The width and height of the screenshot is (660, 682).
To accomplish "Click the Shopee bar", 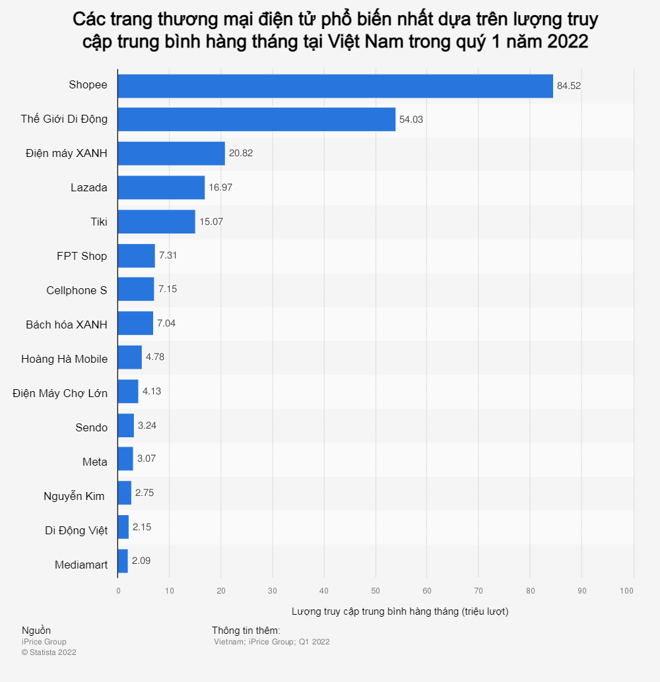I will point(335,86).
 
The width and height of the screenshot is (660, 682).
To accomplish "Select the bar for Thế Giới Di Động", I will point(256,119).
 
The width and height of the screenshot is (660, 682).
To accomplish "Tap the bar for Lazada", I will point(161,187).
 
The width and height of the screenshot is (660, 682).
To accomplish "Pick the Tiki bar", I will point(156,222).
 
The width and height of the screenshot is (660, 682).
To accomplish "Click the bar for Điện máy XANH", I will point(171,153).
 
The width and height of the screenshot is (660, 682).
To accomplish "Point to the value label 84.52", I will point(569,86).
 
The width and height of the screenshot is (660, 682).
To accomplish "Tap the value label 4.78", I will point(155,357).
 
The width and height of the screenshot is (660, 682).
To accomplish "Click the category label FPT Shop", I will point(82,256).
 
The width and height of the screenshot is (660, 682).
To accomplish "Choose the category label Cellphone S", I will point(77,290).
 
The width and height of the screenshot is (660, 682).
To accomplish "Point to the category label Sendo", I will point(91,427).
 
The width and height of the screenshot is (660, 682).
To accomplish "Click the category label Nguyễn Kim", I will point(74,496).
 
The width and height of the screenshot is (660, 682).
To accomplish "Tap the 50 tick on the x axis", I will point(376,591).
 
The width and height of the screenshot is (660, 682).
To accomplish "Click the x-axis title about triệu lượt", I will point(400,611).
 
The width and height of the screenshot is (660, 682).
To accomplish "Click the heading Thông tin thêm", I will point(246,631).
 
